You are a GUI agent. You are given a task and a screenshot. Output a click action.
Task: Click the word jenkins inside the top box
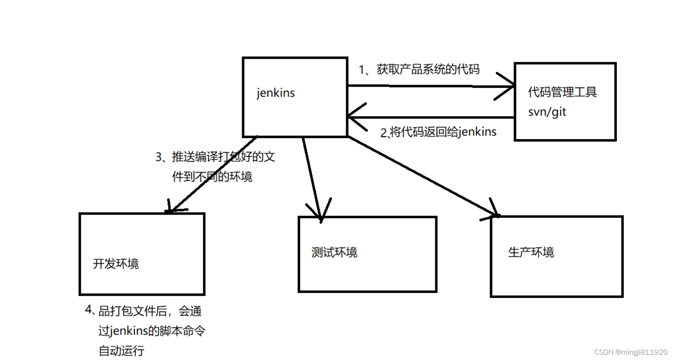point(276,93)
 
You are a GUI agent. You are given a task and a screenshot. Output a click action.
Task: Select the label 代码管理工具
point(562,92)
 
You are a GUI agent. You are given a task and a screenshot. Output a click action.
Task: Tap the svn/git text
point(547,112)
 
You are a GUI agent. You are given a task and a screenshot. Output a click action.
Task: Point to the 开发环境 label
point(116,264)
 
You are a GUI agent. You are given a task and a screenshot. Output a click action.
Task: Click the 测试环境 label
point(334,252)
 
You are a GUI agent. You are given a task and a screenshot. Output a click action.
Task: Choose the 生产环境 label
point(531,252)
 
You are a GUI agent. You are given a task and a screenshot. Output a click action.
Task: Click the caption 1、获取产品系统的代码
point(419,70)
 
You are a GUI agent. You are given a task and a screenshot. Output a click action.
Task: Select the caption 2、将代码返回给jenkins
point(438,132)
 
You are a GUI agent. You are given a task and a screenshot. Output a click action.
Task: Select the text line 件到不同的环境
point(212,177)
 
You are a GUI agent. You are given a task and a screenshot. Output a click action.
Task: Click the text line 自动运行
point(121,351)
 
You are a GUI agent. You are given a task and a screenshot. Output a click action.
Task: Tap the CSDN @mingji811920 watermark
point(630,352)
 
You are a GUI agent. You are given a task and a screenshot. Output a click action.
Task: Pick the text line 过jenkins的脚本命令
point(152,331)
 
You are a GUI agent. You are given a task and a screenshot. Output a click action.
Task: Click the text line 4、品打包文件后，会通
point(143,311)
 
